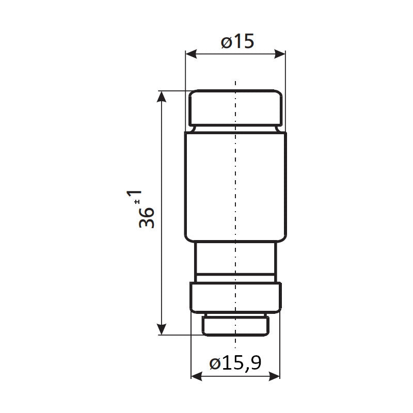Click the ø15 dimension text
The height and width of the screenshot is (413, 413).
[x=237, y=41]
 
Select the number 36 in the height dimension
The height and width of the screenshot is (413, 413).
[x=147, y=217]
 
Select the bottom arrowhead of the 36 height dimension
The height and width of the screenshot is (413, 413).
[x=162, y=330]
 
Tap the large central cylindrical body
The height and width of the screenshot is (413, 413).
[x=235, y=186]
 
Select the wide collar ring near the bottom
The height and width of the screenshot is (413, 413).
[x=235, y=297]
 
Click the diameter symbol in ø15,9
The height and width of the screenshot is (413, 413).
[x=216, y=363]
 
